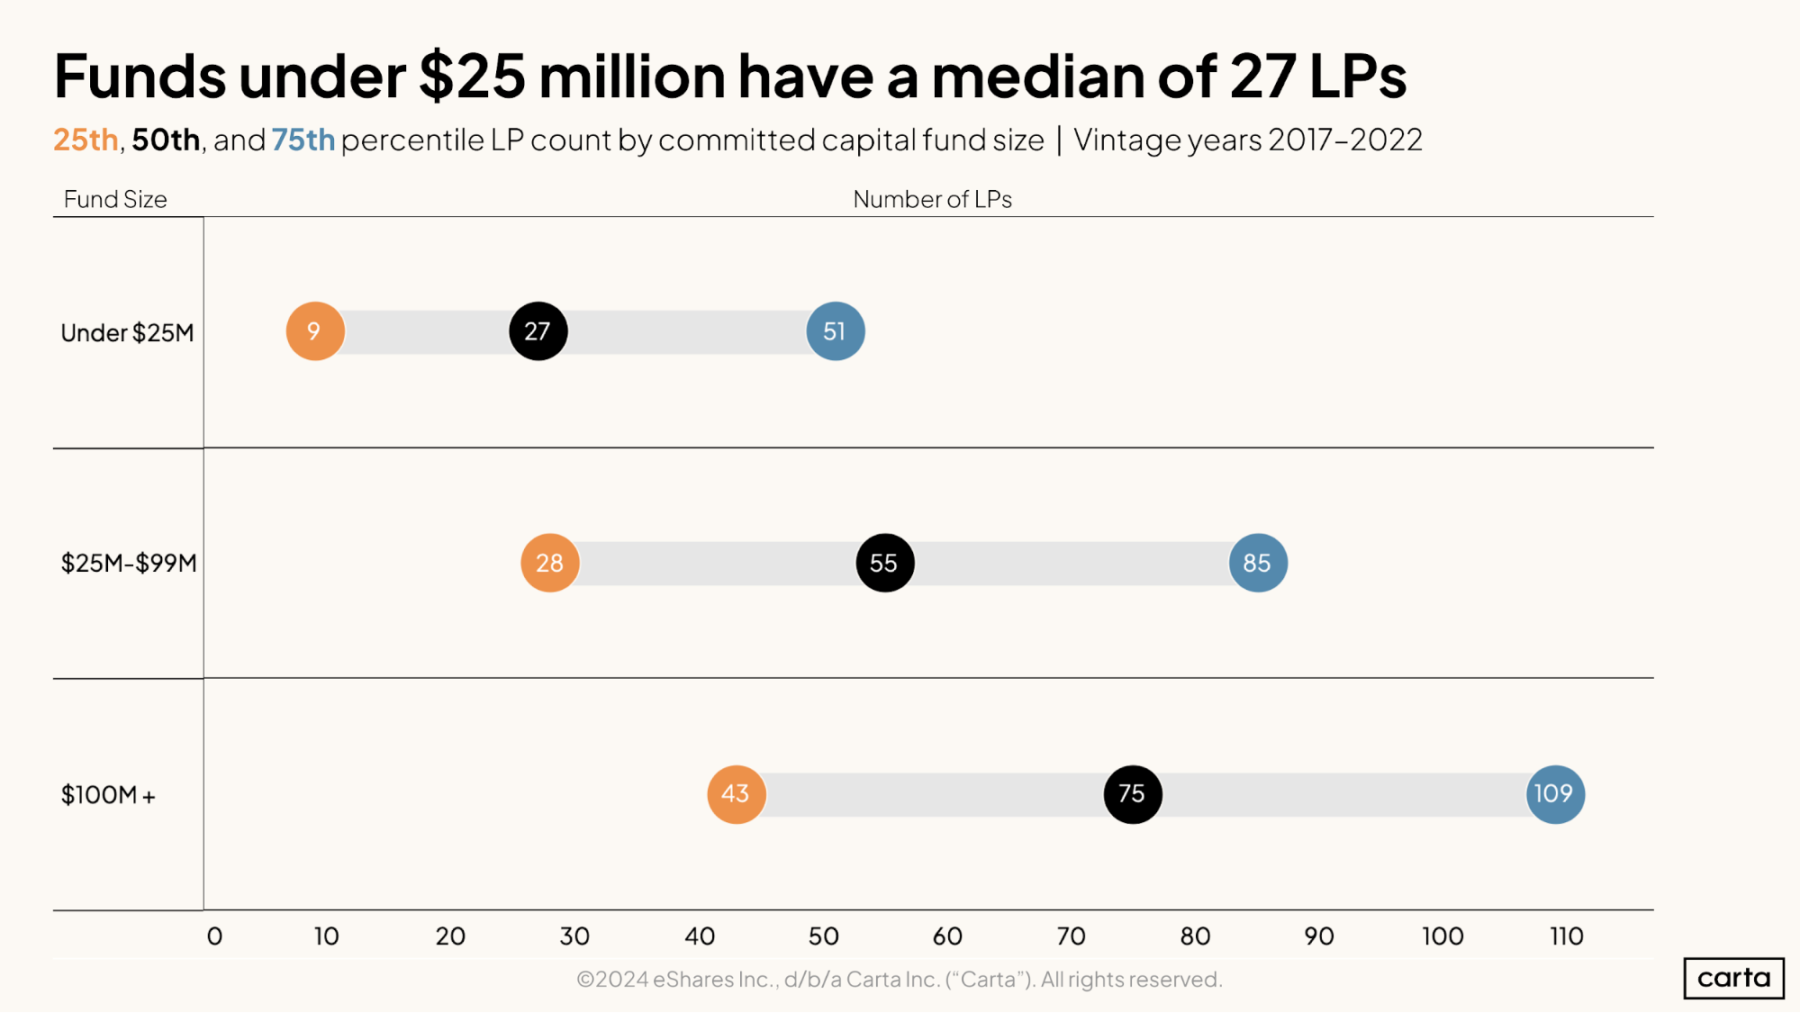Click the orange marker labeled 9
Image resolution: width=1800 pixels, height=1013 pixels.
[315, 331]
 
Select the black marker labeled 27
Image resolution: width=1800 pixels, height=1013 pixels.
[538, 331]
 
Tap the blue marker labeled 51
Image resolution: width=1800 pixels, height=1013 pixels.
[836, 331]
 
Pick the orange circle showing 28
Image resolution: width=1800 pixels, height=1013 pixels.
[550, 563]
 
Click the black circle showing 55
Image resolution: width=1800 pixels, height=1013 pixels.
[884, 563]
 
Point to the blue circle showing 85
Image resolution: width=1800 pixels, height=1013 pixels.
[1258, 563]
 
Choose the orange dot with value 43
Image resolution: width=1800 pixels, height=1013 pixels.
[737, 794]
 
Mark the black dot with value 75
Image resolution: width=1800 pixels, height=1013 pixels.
[1133, 794]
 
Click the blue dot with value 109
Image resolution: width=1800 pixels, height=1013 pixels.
[1555, 794]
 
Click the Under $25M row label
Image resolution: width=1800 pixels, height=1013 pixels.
[127, 333]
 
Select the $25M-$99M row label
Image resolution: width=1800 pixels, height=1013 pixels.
[129, 564]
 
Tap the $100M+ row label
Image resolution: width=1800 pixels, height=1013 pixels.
[108, 795]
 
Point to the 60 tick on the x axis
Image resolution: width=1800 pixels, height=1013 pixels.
[947, 936]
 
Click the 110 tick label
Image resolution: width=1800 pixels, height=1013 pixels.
[1567, 936]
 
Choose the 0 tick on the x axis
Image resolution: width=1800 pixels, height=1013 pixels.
[214, 936]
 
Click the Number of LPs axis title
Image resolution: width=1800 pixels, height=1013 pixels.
[932, 199]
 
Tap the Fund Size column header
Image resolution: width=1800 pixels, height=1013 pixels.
[115, 199]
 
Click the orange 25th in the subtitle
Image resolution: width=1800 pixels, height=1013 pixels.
[86, 140]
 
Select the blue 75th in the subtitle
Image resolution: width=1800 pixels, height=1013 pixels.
[303, 140]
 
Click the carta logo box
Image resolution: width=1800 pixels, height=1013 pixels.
[1733, 978]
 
